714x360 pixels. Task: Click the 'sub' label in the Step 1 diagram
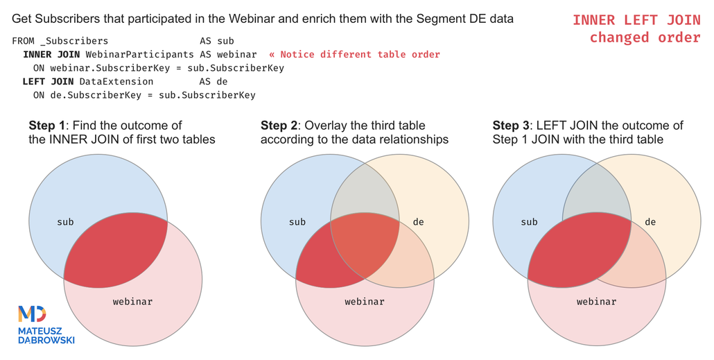(65, 222)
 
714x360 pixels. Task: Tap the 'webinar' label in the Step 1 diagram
(132, 301)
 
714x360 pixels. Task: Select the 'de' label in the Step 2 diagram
(418, 222)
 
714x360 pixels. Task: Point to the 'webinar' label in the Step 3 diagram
(596, 301)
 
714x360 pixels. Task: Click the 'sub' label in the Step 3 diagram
(529, 222)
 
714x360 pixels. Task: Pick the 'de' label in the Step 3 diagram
(650, 222)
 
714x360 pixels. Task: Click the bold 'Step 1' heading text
(47, 126)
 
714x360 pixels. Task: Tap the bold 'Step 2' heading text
(279, 126)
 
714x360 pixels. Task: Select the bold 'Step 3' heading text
(511, 126)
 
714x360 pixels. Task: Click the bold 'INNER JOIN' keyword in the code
(51, 55)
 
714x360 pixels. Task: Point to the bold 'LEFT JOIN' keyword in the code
(48, 82)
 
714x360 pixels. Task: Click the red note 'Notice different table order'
(360, 55)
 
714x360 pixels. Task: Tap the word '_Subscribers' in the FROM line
(74, 41)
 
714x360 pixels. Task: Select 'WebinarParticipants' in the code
(140, 55)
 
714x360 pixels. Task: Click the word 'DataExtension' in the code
(116, 82)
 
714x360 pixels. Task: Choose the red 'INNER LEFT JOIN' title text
(636, 20)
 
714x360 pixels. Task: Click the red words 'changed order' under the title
(645, 37)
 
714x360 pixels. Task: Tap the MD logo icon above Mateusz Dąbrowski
(32, 314)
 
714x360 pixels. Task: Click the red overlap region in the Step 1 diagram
(116, 250)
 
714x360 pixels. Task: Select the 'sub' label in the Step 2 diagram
(297, 222)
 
